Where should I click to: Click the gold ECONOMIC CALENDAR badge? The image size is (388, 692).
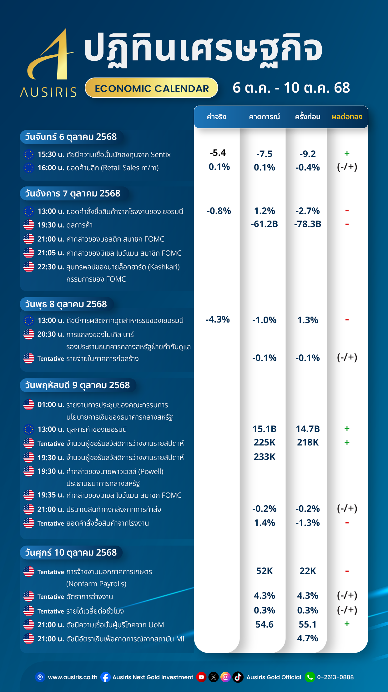(x=152, y=88)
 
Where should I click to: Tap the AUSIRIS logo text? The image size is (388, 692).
(x=48, y=92)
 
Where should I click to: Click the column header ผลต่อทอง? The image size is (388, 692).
(x=347, y=117)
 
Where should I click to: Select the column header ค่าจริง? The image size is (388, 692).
(x=216, y=117)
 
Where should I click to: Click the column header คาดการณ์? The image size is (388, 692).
(x=264, y=117)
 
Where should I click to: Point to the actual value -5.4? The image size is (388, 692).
(x=218, y=153)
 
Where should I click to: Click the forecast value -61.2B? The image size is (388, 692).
(x=264, y=224)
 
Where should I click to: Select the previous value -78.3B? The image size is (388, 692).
(x=308, y=224)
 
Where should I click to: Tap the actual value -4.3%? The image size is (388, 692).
(x=218, y=319)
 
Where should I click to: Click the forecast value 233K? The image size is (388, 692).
(x=265, y=457)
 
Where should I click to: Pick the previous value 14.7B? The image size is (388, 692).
(x=308, y=429)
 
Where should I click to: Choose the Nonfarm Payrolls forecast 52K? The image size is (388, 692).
(x=265, y=571)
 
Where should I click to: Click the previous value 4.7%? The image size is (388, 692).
(x=308, y=638)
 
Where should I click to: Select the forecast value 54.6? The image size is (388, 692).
(x=265, y=624)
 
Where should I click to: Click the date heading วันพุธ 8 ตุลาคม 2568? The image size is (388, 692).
(x=66, y=304)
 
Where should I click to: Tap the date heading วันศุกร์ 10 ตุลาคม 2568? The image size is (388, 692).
(x=71, y=552)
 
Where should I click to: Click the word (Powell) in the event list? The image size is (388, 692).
(x=151, y=471)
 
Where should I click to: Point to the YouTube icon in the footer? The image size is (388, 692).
(x=201, y=677)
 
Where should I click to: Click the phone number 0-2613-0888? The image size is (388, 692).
(x=335, y=677)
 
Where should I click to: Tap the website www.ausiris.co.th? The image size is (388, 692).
(x=73, y=677)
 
